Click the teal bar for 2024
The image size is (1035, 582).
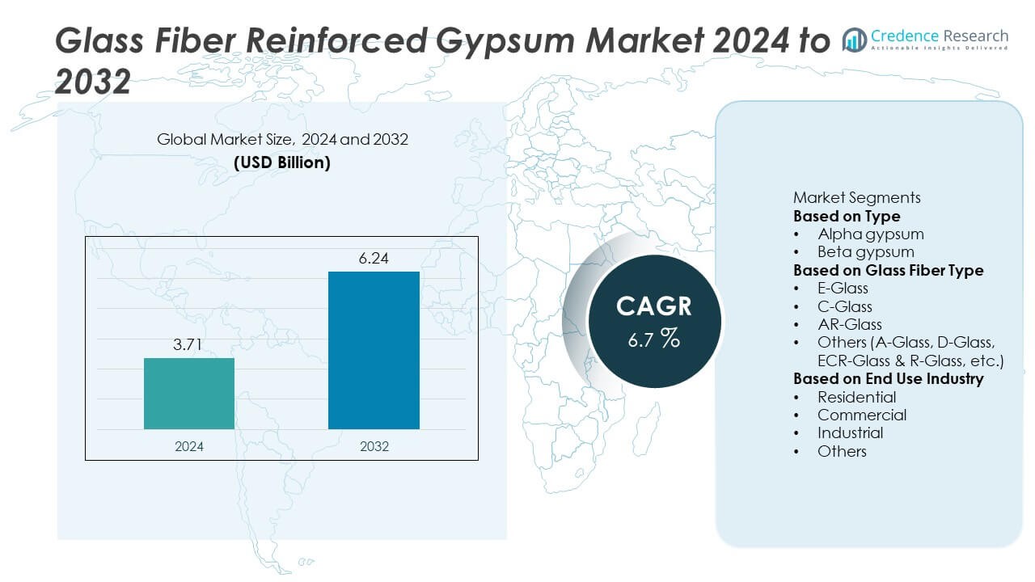189,394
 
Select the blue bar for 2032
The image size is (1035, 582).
374,350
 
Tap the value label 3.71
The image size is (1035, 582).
189,346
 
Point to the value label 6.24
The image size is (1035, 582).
374,259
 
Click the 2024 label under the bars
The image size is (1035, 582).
189,446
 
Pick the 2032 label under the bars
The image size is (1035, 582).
374,446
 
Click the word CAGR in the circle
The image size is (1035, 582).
654,306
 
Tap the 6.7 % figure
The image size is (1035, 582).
654,339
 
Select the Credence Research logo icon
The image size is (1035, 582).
855,39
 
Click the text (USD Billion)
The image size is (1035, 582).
282,162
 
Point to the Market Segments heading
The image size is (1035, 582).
856,198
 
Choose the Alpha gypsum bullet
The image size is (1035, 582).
870,234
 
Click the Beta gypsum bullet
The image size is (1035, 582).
865,251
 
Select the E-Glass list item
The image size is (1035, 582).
843,289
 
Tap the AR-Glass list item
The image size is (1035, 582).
849,324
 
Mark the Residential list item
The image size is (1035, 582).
856,397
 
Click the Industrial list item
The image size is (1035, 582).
850,432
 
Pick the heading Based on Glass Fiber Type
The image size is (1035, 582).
888,270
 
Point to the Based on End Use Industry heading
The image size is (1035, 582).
888,378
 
